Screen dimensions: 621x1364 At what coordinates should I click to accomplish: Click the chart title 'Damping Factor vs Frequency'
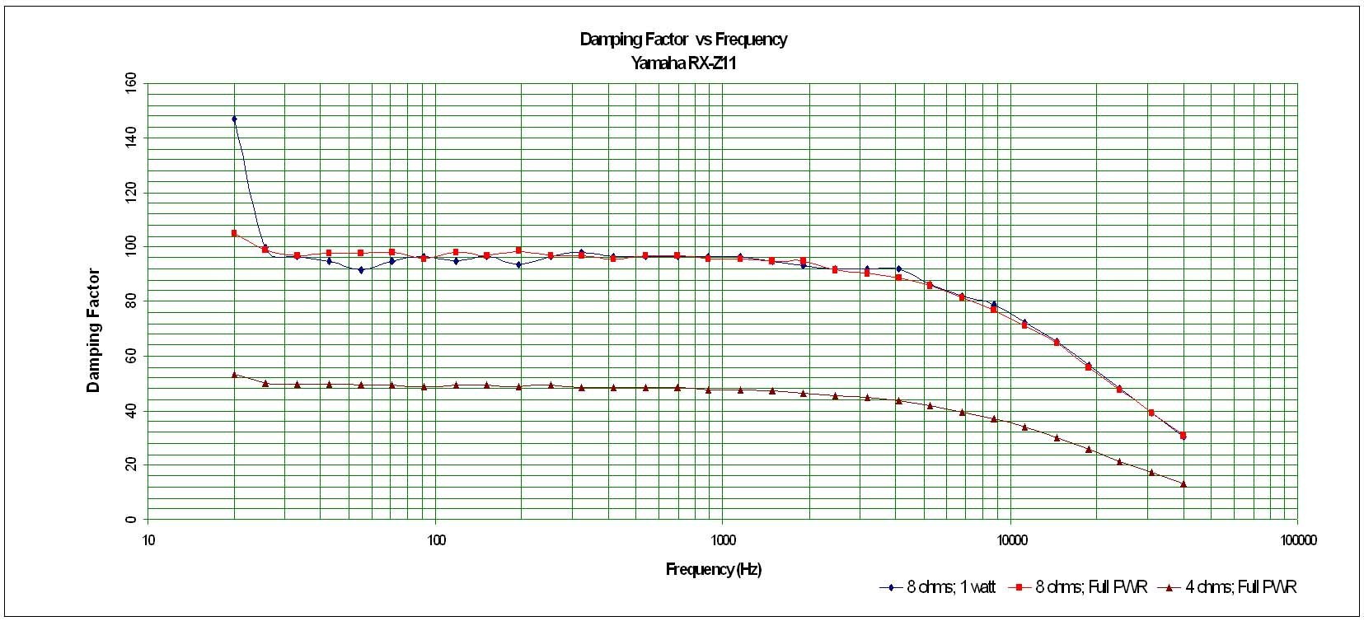(683, 40)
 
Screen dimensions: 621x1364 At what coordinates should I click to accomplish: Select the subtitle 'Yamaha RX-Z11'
(683, 63)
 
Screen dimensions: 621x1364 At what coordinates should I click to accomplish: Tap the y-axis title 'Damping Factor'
(93, 330)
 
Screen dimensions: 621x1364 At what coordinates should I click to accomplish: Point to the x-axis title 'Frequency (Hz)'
(713, 569)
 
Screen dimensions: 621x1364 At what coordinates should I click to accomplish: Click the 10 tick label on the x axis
(148, 540)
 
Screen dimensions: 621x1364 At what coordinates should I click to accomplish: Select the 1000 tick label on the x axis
(723, 540)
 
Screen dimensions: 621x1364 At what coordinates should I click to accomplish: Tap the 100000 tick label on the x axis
(1297, 540)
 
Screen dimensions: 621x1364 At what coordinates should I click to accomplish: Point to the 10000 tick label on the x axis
(1010, 540)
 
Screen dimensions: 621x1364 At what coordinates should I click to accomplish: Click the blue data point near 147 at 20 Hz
(234, 119)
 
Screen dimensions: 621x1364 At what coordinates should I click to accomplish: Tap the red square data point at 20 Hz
(234, 233)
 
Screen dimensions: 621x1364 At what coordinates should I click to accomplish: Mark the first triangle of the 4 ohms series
(234, 375)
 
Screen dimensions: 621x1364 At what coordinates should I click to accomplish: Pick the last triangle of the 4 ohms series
(1184, 484)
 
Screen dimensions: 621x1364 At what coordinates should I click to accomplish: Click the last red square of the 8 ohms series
(1184, 435)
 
